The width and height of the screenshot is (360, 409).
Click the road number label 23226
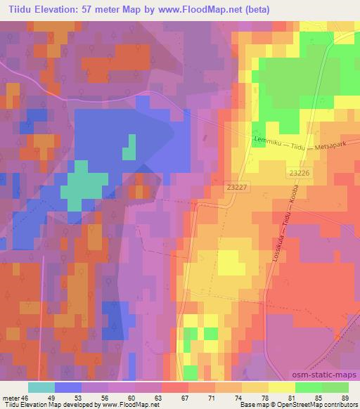pos(298,171)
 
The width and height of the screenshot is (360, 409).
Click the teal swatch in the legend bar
pos(41,387)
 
